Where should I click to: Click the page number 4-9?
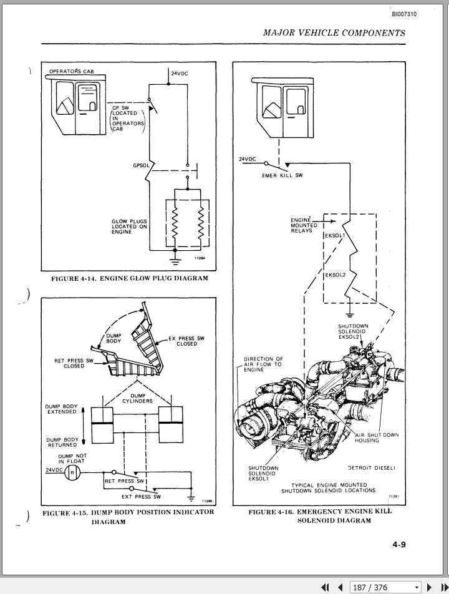point(399,545)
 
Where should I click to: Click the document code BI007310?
point(404,14)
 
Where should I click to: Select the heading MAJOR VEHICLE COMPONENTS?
point(334,33)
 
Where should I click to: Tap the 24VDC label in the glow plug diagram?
point(180,74)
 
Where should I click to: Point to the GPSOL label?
point(141,165)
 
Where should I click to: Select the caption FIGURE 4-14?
point(130,278)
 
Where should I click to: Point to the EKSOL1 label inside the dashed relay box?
point(335,236)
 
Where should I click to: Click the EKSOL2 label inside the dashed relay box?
point(335,275)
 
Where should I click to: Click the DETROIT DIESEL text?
point(372,468)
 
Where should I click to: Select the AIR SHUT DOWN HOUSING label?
point(377,437)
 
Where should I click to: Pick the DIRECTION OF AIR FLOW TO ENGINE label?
point(263,364)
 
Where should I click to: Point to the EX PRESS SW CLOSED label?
point(186,341)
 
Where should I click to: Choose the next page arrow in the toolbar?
point(429,587)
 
